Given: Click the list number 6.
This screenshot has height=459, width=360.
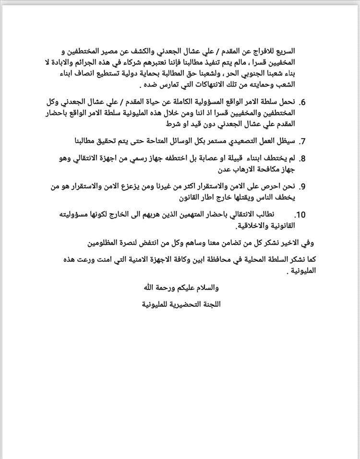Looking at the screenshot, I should pos(302,102).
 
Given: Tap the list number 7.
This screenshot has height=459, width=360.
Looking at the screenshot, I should pos(303,142).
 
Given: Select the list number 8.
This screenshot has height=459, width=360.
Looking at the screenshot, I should pos(303,158).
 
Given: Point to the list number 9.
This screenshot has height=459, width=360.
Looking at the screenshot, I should pos(303,186).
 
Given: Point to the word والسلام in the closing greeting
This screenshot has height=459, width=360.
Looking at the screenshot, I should pos(204,288).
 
